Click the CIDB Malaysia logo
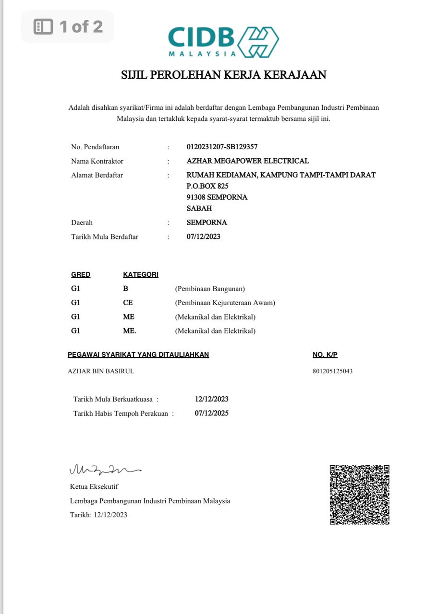[x=223, y=42]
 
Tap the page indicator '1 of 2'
[x=68, y=26]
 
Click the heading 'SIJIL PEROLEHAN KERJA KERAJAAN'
[x=223, y=75]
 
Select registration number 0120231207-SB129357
[x=225, y=147]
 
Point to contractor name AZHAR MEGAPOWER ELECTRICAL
[x=247, y=161]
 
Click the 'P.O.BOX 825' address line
[x=207, y=186]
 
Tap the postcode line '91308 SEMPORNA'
[x=217, y=197]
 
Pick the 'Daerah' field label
[x=82, y=223]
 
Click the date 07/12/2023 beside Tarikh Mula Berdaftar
[x=203, y=236]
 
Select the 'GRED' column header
[x=81, y=275]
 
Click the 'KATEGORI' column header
[x=141, y=275]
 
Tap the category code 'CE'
[x=128, y=303]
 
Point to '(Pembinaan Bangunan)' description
[x=210, y=289]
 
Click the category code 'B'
[x=125, y=289]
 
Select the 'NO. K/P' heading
[x=325, y=355]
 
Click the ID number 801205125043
[x=332, y=371]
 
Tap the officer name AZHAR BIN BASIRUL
[x=101, y=371]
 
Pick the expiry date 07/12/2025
[x=211, y=413]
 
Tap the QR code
[x=359, y=495]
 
